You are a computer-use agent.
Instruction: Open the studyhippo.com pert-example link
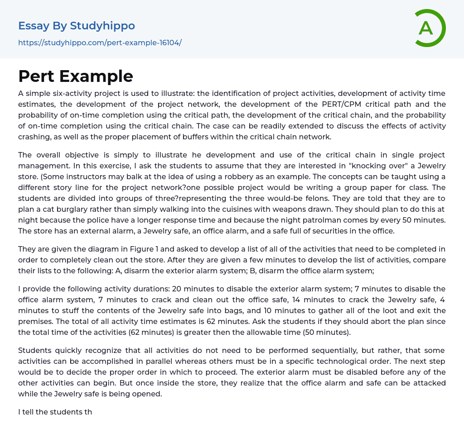[100, 43]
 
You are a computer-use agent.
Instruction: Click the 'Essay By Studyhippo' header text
[77, 26]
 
